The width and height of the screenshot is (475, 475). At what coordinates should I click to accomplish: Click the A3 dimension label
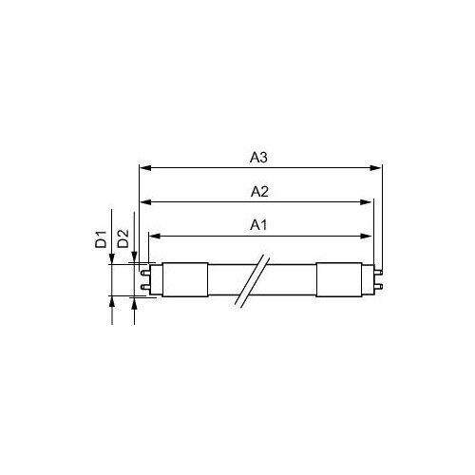pos(258,158)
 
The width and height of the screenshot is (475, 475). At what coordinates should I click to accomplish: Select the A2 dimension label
pos(259,192)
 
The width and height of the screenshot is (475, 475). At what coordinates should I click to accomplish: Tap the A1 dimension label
pos(258,225)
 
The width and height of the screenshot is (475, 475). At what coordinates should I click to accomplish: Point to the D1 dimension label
pos(101,239)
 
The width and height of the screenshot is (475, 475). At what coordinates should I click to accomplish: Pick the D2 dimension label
pos(123,238)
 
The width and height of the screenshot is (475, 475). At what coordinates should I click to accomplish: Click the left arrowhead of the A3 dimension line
pos(145,168)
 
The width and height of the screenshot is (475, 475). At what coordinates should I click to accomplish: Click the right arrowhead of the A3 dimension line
pos(375,168)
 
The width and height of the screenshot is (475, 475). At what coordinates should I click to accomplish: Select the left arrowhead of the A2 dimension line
pos(145,202)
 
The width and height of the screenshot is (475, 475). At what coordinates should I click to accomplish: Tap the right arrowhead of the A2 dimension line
pos(366,202)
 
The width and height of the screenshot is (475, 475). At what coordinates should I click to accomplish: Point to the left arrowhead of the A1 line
pos(154,236)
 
